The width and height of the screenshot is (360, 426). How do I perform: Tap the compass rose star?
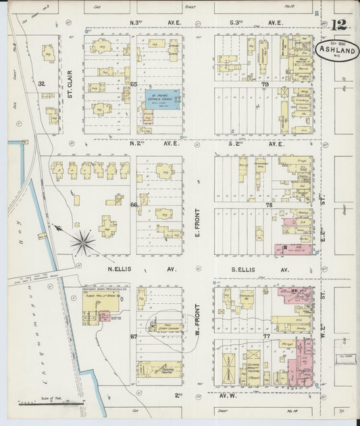coord(84,242)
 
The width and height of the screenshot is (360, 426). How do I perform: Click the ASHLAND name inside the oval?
coord(336,50)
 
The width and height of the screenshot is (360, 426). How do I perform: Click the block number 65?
coord(134,84)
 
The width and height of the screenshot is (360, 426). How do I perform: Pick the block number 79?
coord(265,84)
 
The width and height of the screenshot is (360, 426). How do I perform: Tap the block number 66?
coord(134,205)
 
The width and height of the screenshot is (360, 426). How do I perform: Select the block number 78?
coord(268,205)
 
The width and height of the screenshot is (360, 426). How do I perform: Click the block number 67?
coord(134,336)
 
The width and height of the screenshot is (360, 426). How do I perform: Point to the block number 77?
coord(267,336)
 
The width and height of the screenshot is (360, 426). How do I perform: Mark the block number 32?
coord(41,84)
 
